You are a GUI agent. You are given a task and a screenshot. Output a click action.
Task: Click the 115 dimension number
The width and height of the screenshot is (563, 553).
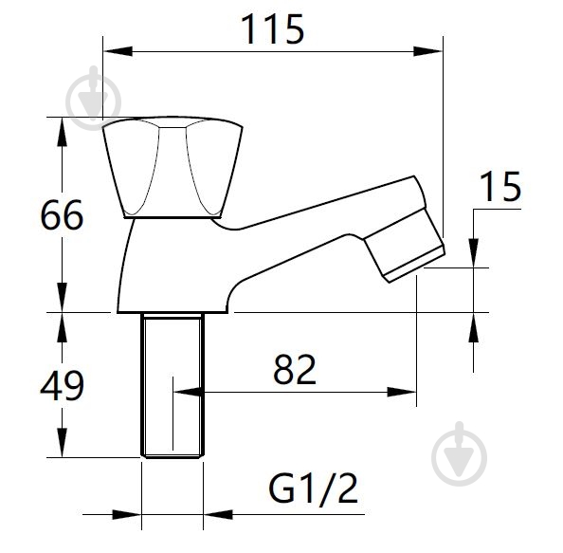tap(273, 28)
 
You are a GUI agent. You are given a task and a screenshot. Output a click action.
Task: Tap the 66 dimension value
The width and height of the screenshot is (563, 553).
tap(62, 215)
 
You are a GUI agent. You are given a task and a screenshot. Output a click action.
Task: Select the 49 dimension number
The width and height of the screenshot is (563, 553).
tap(62, 386)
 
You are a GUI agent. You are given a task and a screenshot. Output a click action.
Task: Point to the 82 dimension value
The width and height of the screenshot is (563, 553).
tap(295, 369)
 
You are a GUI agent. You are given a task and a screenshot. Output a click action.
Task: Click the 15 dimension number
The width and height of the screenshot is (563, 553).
tap(500, 187)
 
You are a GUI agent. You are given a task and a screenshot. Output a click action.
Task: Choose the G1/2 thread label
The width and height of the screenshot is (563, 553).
tap(313, 488)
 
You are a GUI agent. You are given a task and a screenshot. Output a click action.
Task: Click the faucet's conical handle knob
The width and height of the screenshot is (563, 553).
tap(173, 168)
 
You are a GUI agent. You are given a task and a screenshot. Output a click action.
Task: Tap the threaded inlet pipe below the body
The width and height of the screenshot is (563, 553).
tap(173, 385)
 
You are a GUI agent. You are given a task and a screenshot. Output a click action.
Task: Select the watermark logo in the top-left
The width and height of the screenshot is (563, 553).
tap(94, 98)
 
